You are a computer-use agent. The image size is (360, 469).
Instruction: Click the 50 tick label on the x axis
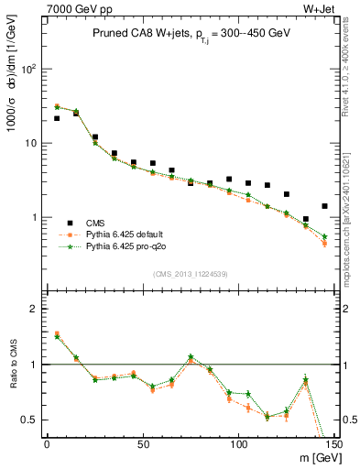pos(143,444)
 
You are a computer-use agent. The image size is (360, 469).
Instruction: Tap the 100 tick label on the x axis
pos(238,444)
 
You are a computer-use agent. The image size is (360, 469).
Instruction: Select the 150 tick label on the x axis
pos(333,444)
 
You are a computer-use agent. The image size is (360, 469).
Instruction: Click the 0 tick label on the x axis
pos(47,444)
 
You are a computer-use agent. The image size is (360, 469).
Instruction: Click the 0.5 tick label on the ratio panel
pos(27,420)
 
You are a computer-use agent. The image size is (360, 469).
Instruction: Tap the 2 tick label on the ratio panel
pos(33,309)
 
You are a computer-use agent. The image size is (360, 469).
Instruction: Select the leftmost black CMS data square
pos(57,118)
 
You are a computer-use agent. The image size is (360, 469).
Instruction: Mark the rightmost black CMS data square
pos(324,206)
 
